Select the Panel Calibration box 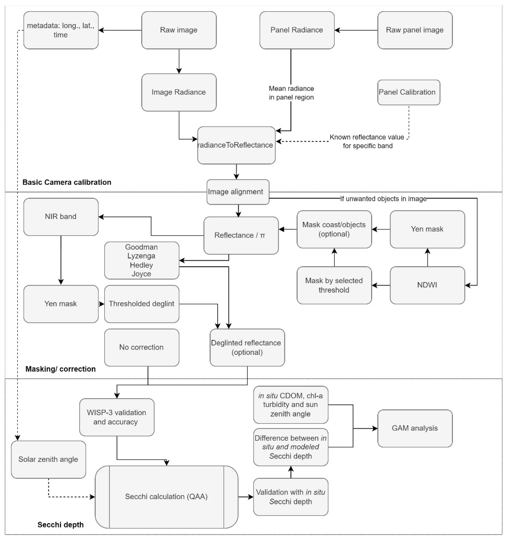click(x=408, y=92)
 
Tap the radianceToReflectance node click(x=236, y=145)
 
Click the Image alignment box click(x=238, y=192)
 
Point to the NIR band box click(x=61, y=217)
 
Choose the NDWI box click(x=427, y=285)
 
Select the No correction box click(x=142, y=347)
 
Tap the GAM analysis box click(x=415, y=428)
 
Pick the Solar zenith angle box click(x=48, y=459)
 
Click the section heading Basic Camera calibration click(x=67, y=182)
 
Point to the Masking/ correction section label click(x=60, y=369)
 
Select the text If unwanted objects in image click(x=383, y=199)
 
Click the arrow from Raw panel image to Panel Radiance click(x=356, y=30)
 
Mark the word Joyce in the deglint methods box click(x=141, y=274)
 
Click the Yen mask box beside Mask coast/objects click(x=427, y=229)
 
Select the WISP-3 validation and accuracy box click(x=116, y=417)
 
